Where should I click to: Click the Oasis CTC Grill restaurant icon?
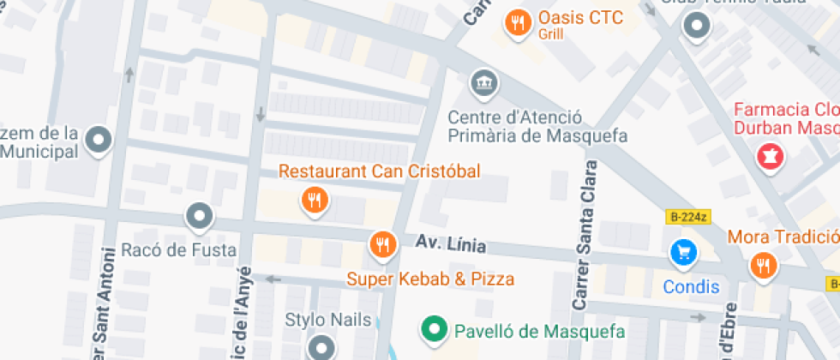click(x=517, y=23)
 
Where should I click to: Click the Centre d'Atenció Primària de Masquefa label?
click(x=538, y=126)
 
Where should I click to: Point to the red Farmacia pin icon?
click(x=769, y=157)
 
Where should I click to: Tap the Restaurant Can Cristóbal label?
click(x=379, y=171)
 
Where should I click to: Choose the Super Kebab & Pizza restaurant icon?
click(x=381, y=245)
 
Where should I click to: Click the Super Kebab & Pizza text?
click(x=430, y=279)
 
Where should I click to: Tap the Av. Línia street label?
click(x=451, y=245)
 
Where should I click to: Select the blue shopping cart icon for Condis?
click(x=683, y=252)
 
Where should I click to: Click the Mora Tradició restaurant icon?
click(x=761, y=265)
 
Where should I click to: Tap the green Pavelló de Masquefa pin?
click(x=435, y=328)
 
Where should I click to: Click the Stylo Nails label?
click(x=329, y=321)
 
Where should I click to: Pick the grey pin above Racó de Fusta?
click(x=200, y=216)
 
